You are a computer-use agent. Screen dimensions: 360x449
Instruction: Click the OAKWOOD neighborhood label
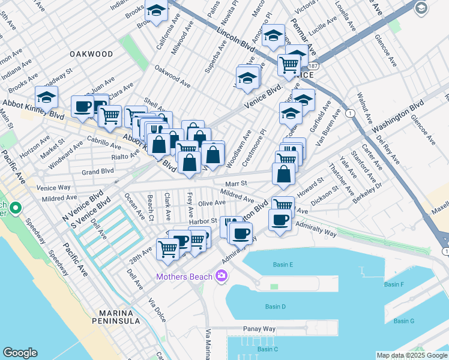[91, 54]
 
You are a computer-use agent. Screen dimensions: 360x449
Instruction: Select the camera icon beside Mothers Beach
[221, 276]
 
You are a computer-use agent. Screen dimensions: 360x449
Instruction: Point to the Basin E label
[283, 265]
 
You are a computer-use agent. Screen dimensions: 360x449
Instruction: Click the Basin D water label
[275, 307]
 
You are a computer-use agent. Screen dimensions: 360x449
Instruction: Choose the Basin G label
[403, 321]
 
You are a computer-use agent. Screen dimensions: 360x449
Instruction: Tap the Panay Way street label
[259, 329]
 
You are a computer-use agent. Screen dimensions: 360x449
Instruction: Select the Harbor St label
[202, 221]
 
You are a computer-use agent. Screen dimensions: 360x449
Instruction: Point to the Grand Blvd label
[98, 172]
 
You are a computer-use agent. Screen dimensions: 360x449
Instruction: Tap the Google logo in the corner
[20, 353]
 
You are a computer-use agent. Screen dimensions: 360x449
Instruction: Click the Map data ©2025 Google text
[411, 355]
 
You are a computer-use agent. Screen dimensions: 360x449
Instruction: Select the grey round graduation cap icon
[421, 8]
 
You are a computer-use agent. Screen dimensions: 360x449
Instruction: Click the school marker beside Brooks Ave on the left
[46, 97]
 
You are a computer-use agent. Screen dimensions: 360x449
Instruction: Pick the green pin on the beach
[15, 208]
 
